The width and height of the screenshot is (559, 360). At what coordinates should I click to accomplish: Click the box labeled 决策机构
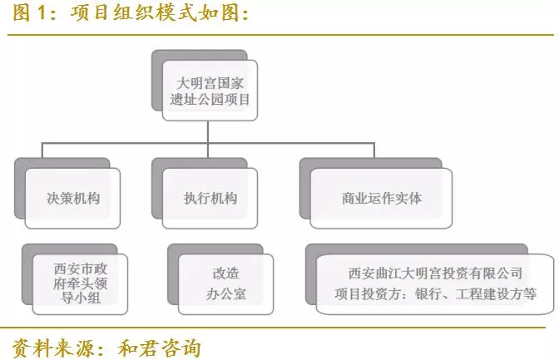tap(72, 198)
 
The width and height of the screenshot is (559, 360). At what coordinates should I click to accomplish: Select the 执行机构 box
tap(210, 198)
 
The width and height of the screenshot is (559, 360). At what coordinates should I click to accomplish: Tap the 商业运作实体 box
tap(381, 198)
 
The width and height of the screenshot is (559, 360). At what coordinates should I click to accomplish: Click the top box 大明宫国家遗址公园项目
tap(210, 91)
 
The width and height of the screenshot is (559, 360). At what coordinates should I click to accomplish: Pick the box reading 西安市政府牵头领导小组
tap(80, 284)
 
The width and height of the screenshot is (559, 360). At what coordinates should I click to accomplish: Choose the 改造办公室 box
tap(226, 284)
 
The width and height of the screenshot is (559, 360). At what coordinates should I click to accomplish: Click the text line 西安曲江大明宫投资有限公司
tap(435, 274)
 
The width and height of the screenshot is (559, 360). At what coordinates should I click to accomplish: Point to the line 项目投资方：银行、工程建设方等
tap(435, 294)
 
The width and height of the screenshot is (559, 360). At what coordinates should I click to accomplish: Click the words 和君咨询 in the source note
tap(160, 348)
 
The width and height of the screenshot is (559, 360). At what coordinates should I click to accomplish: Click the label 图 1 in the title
tap(30, 13)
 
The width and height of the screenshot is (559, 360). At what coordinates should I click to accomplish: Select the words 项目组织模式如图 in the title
tap(155, 13)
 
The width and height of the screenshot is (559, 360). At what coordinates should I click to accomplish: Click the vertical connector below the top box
tap(208, 132)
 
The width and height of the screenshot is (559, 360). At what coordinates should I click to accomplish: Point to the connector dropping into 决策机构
tap(42, 150)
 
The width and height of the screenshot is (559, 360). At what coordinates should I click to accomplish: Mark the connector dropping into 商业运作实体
tap(374, 150)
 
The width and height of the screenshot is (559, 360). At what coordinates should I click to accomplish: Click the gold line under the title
tap(280, 35)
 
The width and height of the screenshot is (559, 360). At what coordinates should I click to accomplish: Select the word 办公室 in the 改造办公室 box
tap(226, 294)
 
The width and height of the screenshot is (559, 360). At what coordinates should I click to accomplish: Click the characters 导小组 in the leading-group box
tap(81, 298)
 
